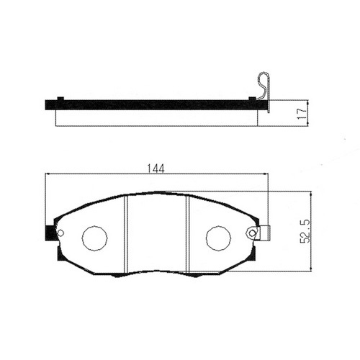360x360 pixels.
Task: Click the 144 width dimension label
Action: (x=156, y=168)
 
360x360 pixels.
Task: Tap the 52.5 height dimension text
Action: (x=305, y=231)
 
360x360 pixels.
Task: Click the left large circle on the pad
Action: (x=94, y=238)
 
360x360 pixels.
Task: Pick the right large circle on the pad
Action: (x=218, y=238)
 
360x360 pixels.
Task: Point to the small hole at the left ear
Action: (x=60, y=233)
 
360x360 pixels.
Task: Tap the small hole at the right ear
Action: (x=252, y=233)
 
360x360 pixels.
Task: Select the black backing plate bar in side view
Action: (x=156, y=105)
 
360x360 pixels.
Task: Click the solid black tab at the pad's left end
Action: (x=50, y=233)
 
